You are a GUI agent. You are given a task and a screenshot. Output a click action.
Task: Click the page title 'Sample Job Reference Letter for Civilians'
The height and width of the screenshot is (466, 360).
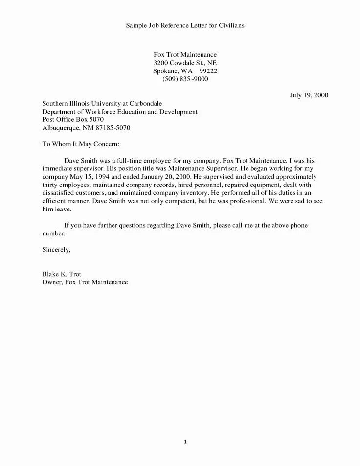point(185,25)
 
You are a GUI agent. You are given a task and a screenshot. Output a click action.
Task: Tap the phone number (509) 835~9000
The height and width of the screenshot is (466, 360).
point(185,79)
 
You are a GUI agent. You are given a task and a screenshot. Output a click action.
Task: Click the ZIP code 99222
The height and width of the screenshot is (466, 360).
point(208,71)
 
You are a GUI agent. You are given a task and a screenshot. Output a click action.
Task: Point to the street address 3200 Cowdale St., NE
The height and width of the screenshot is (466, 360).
point(185,63)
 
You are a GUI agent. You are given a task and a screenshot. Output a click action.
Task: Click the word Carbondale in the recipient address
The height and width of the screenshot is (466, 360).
point(144,104)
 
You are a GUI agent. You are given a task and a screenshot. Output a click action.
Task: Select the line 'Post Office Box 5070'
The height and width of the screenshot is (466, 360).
point(73,120)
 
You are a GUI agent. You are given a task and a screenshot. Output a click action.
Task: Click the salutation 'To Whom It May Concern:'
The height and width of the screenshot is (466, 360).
point(81,144)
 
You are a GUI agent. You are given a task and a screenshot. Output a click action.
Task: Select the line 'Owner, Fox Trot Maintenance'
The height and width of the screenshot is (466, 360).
point(85,283)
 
